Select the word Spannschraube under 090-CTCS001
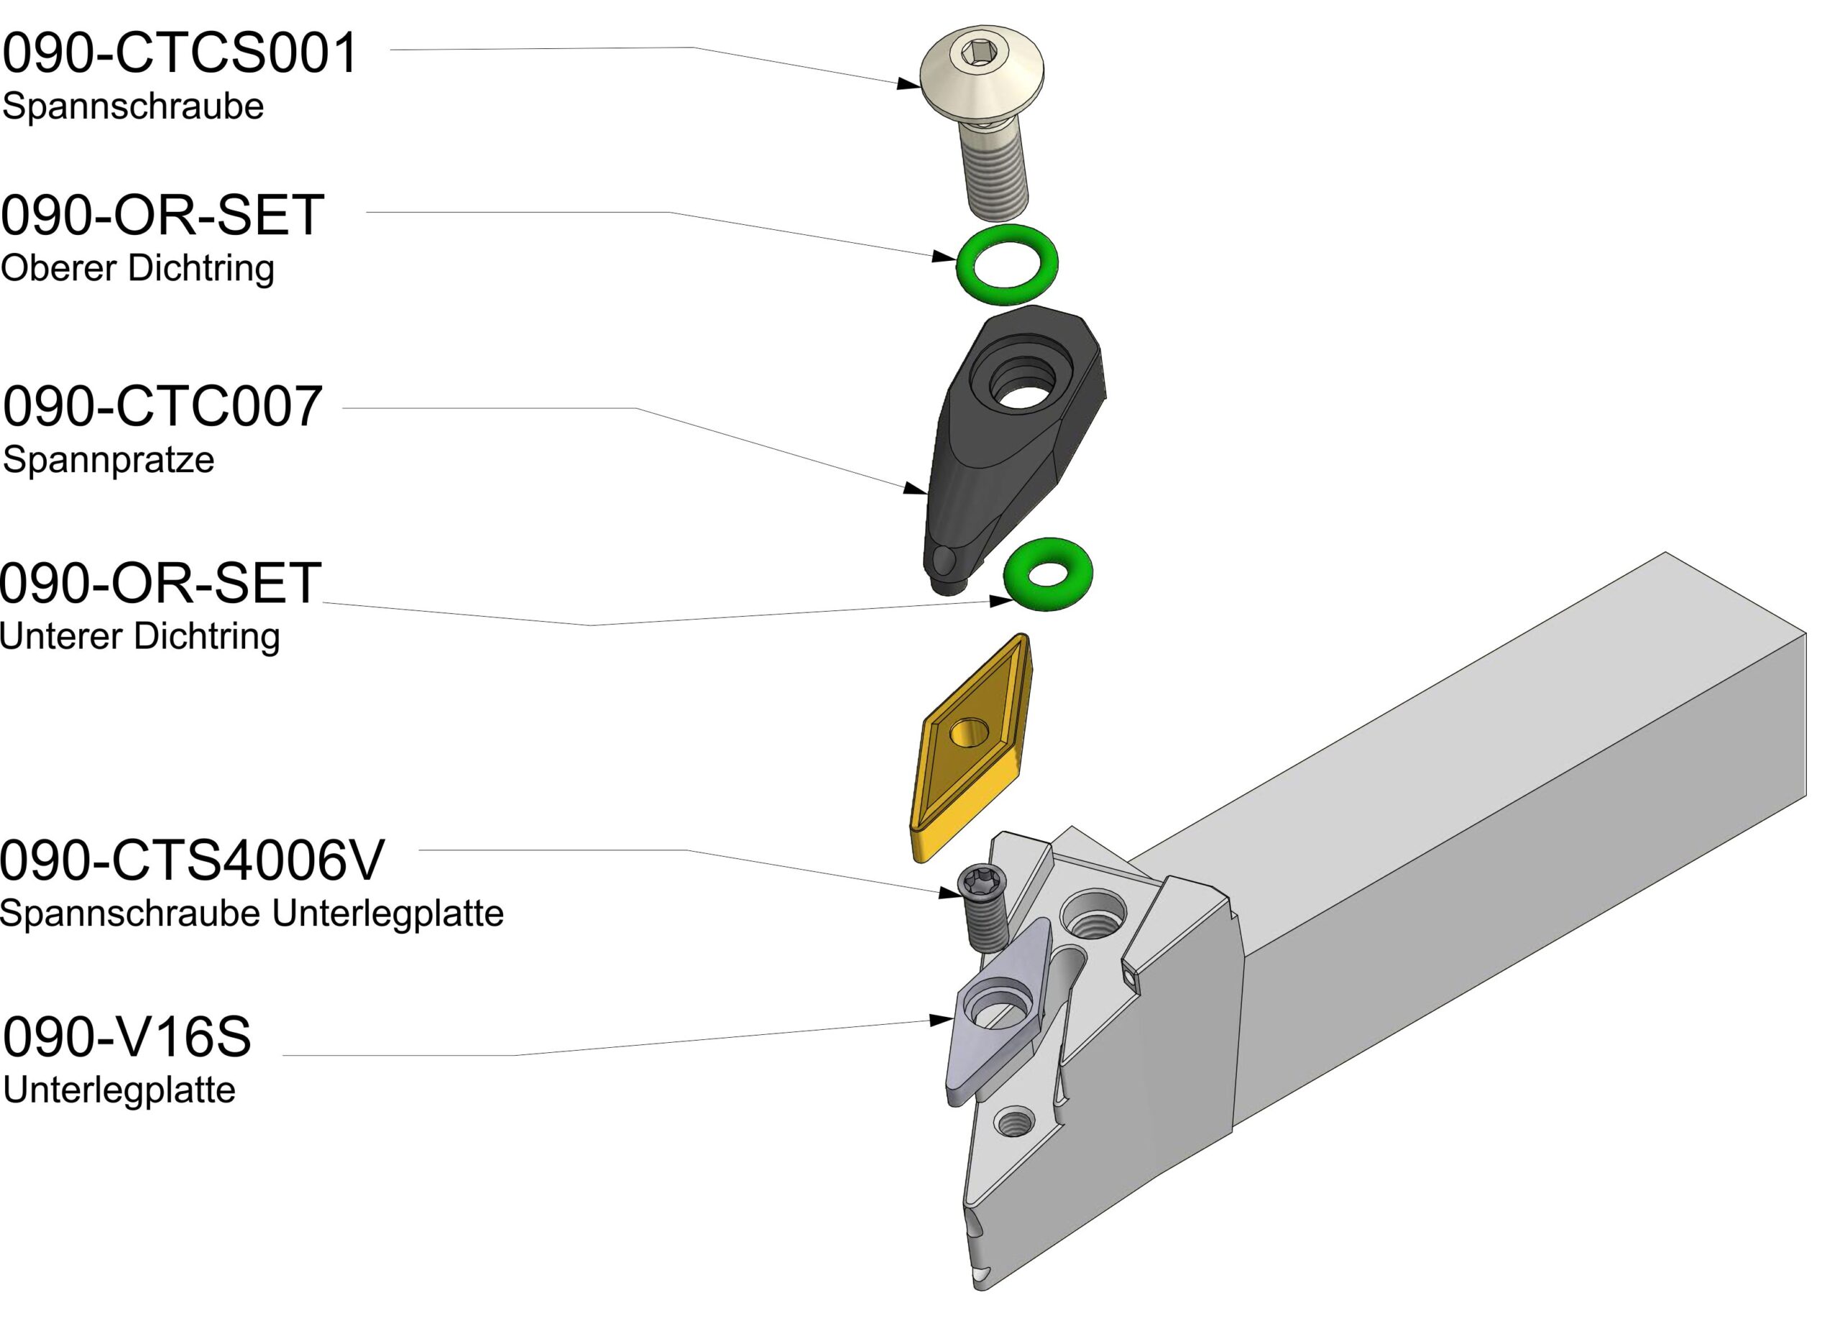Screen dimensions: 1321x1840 pos(133,106)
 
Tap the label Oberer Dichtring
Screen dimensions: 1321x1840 pos(137,268)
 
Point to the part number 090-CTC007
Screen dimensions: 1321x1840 pos(162,407)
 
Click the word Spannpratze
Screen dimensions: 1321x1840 pos(109,460)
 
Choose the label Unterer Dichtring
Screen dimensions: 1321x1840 pos(139,636)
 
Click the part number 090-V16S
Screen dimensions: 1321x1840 pos(127,1037)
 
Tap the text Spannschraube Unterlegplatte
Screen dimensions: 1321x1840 pos(252,913)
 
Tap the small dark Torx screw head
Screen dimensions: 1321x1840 pos(982,879)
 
